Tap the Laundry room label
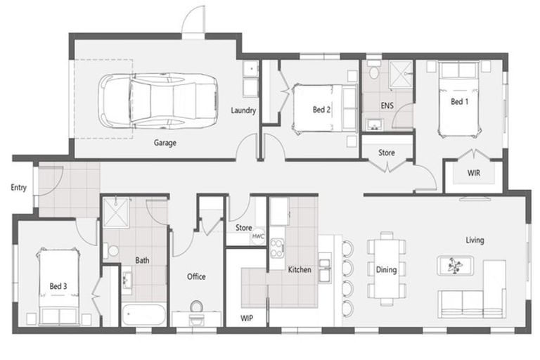click(243, 110)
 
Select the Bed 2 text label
click(322, 109)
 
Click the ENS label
click(387, 105)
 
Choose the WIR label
click(474, 172)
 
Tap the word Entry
click(18, 188)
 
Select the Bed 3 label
click(58, 286)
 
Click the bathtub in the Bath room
click(143, 314)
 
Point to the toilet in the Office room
click(196, 308)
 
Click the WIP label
click(246, 317)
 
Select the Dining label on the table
click(386, 269)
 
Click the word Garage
click(165, 143)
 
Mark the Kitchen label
click(300, 269)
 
